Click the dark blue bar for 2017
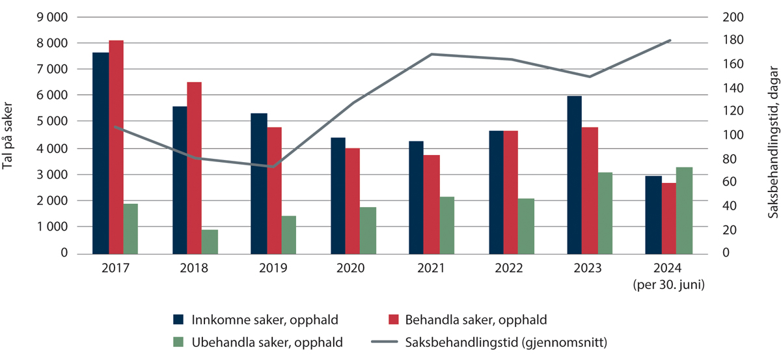(100, 153)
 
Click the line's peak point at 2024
(670, 40)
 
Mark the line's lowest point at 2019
(273, 167)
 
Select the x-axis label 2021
(432, 268)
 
